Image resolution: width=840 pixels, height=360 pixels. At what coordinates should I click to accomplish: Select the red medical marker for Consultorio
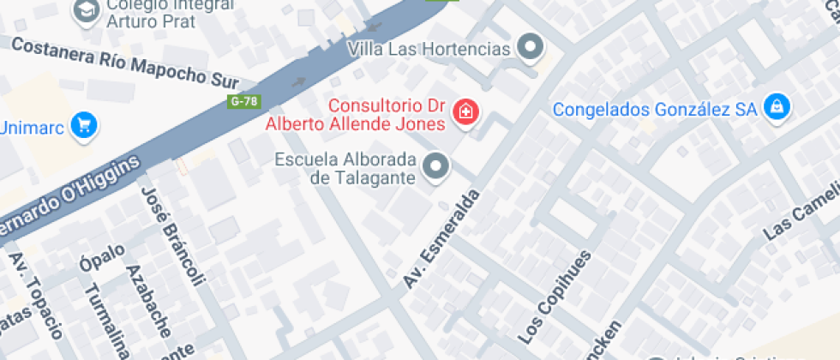(465, 111)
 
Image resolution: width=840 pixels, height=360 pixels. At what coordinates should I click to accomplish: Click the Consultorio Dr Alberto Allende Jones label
(357, 115)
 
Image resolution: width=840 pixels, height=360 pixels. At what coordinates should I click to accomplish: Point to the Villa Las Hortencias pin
(532, 48)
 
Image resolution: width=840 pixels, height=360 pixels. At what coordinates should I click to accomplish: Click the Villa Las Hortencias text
(429, 48)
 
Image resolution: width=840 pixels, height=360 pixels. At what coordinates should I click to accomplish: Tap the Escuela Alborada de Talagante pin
(437, 166)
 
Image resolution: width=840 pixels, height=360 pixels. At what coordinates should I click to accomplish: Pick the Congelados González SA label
(656, 109)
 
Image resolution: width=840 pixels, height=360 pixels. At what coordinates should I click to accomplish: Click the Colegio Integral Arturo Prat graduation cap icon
(86, 10)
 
